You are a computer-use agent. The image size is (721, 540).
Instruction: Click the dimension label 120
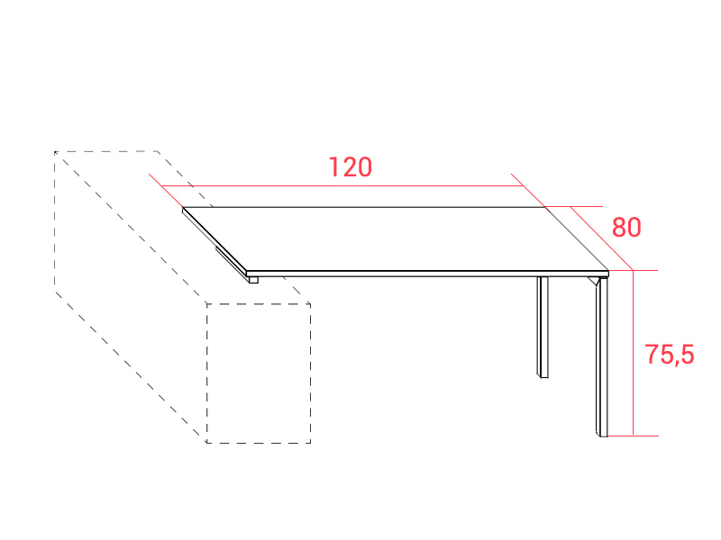(x=351, y=167)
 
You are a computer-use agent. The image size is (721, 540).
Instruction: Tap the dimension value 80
(x=626, y=228)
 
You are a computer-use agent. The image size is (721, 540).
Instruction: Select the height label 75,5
(x=669, y=355)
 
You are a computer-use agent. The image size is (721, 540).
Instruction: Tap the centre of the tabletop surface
(x=397, y=238)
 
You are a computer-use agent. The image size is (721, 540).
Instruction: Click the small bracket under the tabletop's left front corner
(x=253, y=279)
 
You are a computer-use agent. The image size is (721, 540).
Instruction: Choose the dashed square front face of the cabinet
(x=259, y=373)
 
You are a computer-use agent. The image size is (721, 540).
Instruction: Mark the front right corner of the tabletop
(x=609, y=272)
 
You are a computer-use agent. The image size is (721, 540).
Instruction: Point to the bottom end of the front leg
(x=601, y=434)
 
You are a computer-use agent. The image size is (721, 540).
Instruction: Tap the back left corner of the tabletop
(x=184, y=209)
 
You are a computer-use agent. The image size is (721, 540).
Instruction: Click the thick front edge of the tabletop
(x=424, y=273)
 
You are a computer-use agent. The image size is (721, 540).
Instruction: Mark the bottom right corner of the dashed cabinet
(x=311, y=443)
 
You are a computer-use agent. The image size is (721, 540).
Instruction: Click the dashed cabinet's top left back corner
(x=55, y=151)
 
